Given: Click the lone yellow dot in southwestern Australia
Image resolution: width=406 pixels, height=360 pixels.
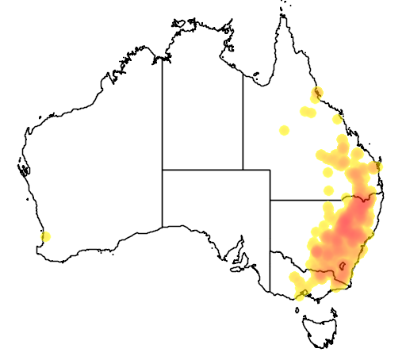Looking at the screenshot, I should click(x=45, y=236).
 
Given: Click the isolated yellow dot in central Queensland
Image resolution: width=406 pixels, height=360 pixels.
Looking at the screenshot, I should click(x=284, y=130).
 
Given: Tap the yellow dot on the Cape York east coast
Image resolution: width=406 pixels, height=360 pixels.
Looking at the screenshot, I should click(x=318, y=93).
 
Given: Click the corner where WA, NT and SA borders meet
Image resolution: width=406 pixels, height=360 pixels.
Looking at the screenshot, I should click(x=163, y=170).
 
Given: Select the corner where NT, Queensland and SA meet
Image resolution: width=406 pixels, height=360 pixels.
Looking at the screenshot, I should click(x=243, y=170).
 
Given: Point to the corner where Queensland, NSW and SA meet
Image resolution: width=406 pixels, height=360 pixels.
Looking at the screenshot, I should click(x=270, y=200).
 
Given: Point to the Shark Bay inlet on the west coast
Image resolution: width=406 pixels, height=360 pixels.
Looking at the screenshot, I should click(x=24, y=169).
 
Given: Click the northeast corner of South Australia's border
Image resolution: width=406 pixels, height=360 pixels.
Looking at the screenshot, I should click(x=270, y=170).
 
